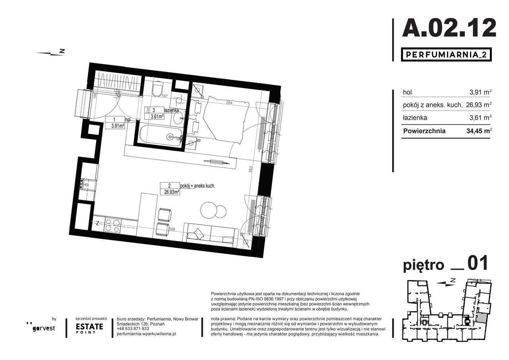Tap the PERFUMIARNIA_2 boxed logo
445,54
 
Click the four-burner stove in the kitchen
112,226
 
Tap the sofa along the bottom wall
210,233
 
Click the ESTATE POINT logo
89,328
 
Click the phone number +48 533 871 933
133,329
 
